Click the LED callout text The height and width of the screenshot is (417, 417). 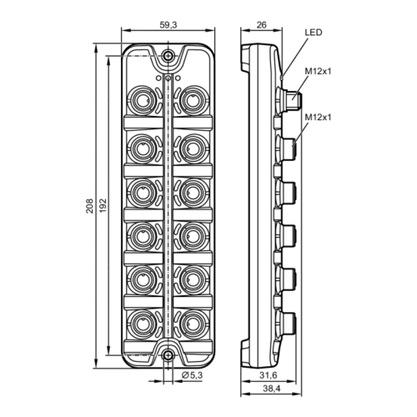click(x=314, y=33)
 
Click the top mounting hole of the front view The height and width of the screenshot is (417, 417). click(x=168, y=57)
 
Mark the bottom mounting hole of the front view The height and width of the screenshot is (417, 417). click(x=168, y=355)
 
